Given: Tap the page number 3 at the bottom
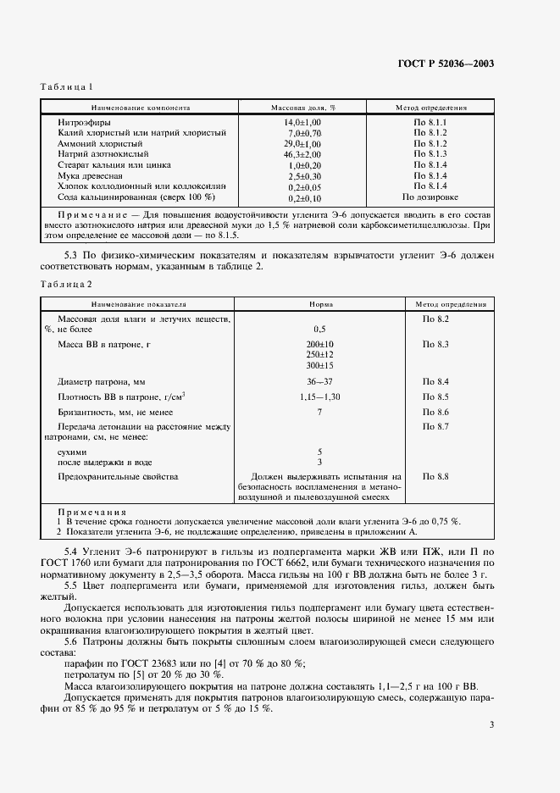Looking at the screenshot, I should [491, 724].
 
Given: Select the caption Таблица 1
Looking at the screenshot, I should [66, 87].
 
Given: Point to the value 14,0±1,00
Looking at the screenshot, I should [303, 123].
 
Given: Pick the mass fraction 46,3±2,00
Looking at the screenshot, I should [303, 154].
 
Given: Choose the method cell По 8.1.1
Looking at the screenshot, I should [430, 123].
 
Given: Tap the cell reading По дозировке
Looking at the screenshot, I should [430, 197].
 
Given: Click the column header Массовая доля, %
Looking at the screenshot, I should [303, 108].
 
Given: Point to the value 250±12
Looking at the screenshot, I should [320, 353].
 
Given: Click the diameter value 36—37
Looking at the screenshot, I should [320, 381].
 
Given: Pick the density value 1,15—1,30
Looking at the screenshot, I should [320, 396].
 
